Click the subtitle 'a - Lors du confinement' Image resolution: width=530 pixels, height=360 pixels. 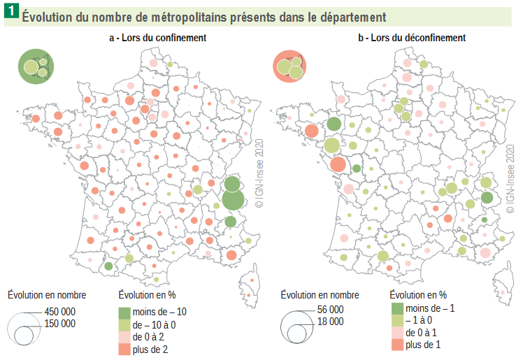tap(157, 38)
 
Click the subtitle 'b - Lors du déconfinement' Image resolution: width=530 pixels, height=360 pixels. tap(413, 38)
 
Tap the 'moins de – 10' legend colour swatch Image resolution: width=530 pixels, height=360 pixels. tap(124, 311)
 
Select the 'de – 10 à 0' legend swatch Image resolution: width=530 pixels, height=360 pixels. tap(124, 324)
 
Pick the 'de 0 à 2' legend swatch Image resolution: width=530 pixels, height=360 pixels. tap(124, 337)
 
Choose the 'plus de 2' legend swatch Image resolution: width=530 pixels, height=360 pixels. tap(124, 350)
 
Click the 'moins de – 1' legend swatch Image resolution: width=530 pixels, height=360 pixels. tap(396, 308)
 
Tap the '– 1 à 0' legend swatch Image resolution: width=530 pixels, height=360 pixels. tap(396, 320)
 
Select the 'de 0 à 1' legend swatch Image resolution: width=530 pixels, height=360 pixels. tap(396, 333)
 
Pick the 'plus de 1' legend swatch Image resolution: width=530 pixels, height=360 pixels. tap(396, 345)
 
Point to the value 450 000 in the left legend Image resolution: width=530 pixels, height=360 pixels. tap(59, 312)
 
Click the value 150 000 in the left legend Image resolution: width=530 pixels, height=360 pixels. tap(59, 324)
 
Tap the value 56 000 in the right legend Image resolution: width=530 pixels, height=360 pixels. tap(330, 310)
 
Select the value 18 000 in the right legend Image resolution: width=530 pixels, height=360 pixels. tap(330, 322)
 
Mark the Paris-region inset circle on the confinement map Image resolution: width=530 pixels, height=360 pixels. tap(36, 67)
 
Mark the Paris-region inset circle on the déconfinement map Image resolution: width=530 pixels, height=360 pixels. tap(290, 67)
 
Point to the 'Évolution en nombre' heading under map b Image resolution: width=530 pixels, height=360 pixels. tap(320, 295)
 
